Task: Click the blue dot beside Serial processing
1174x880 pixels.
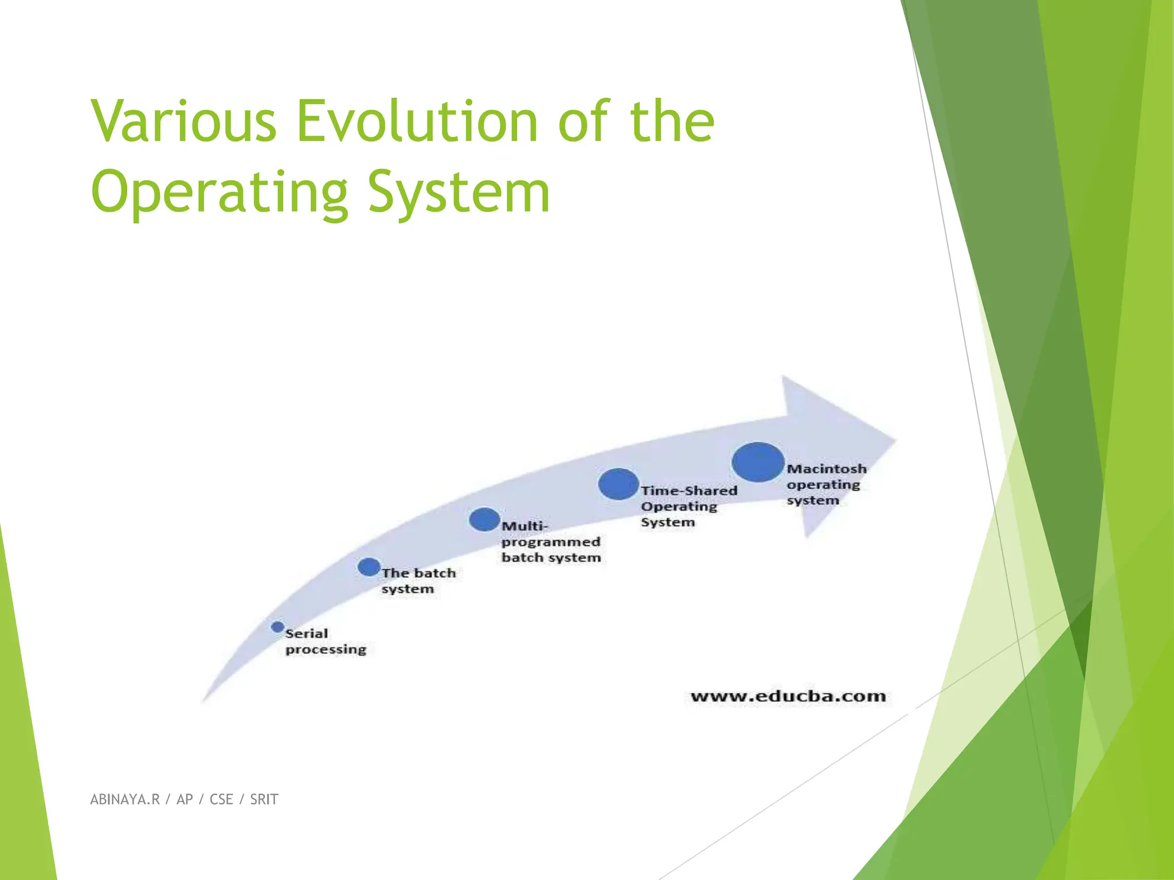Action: coord(277,627)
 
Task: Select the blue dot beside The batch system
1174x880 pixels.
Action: coord(369,567)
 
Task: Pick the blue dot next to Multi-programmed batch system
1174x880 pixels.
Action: coord(484,519)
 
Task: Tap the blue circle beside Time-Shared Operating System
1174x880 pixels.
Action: coord(618,484)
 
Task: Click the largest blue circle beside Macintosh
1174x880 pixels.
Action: coord(758,462)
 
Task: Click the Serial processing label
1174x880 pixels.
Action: coord(325,641)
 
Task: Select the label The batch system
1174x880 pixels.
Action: coord(418,580)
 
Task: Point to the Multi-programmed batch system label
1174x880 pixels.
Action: coord(550,541)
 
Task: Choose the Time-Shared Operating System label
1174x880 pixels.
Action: coord(688,506)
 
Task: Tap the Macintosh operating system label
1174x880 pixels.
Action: coord(825,485)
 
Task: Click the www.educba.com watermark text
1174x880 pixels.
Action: coord(788,696)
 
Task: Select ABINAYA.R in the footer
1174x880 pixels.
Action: coord(125,799)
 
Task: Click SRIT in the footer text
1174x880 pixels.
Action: coord(264,799)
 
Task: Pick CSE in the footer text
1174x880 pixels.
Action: coord(221,799)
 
